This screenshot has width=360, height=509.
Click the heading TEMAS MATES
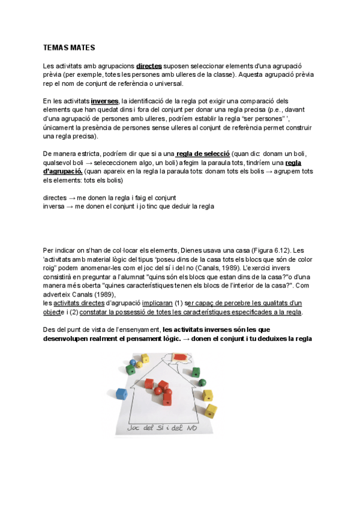pos(69,47)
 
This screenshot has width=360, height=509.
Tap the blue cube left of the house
pos(122,394)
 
